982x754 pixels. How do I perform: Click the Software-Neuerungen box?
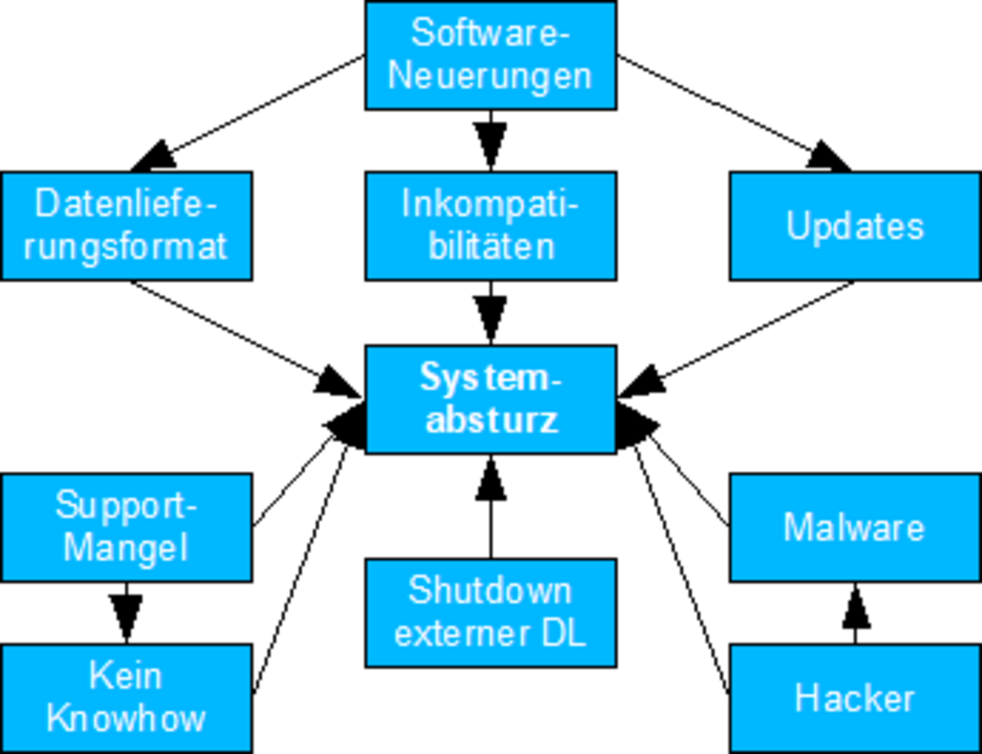click(x=490, y=55)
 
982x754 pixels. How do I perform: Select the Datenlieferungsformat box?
click(x=126, y=225)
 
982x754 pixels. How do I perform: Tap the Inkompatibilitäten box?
click(x=490, y=225)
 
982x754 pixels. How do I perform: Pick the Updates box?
click(x=855, y=225)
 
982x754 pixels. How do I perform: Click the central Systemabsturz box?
click(x=490, y=399)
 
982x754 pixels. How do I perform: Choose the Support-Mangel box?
click(x=126, y=527)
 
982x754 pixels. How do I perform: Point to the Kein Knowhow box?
click(x=126, y=697)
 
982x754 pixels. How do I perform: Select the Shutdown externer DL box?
click(x=490, y=612)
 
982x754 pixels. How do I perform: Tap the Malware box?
click(x=855, y=527)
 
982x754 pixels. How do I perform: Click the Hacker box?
click(x=855, y=697)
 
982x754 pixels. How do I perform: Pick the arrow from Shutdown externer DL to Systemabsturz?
click(x=490, y=507)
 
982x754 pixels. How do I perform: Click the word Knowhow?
click(x=126, y=718)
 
